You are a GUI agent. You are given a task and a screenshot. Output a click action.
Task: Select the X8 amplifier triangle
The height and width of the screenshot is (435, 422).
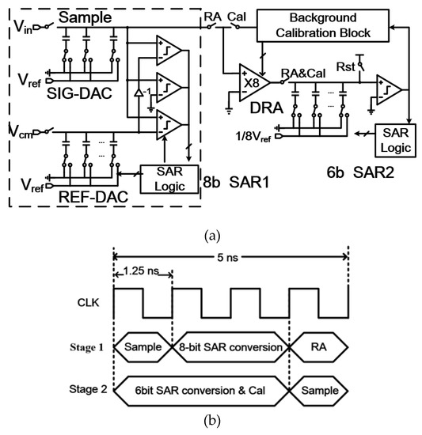click(x=251, y=79)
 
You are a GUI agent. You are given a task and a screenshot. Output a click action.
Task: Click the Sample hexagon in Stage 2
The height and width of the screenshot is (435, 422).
click(x=318, y=390)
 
